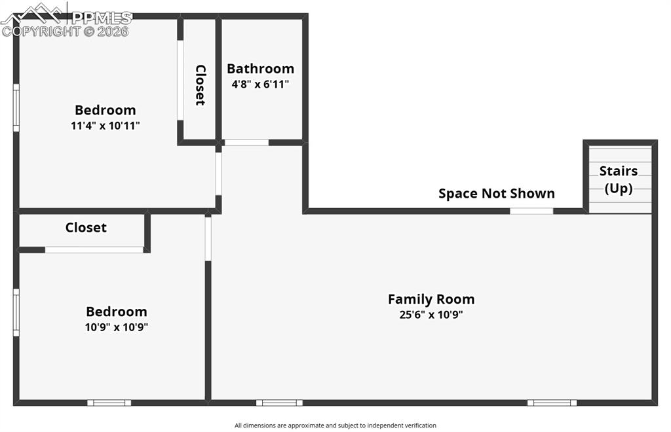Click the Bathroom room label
pos(260,68)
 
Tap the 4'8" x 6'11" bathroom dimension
pos(260,84)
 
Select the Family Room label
pos(431,299)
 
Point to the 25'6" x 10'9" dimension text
pos(431,315)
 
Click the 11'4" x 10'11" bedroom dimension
pos(105,126)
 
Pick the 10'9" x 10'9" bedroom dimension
pos(117,327)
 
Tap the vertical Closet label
pos(201,85)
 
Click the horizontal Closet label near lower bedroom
pos(86,227)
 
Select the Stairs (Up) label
pos(619,179)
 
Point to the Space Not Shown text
pos(497,194)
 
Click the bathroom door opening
pos(246,143)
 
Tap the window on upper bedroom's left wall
pos(16,108)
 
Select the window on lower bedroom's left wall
pos(16,312)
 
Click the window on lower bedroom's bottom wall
pos(109,403)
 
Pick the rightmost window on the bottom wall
pos(552,403)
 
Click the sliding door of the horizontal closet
pos(94,250)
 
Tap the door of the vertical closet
pos(180,81)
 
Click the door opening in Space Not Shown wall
pos(531,211)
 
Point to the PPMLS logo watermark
pos(66,19)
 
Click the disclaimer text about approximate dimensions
pos(335,425)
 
